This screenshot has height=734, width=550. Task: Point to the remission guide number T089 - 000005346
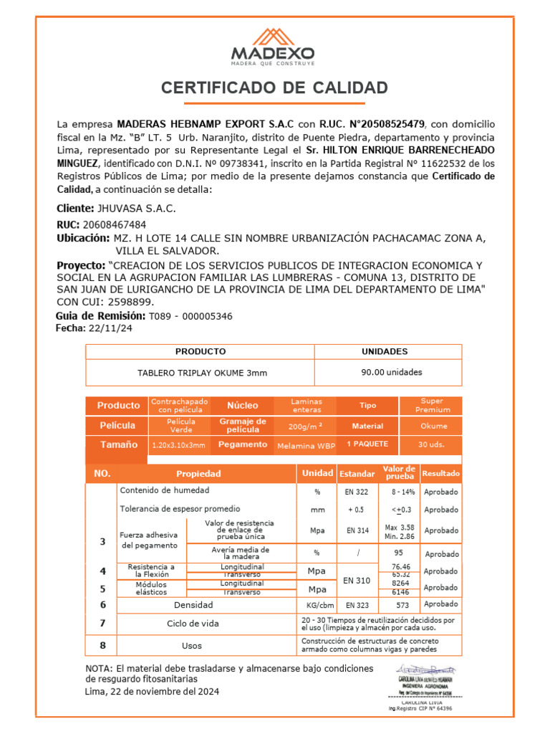[x=190, y=316]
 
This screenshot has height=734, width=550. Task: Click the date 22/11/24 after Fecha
[x=110, y=328]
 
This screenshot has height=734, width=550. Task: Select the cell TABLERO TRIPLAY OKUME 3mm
[x=202, y=373]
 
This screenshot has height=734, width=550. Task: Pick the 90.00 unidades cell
[x=391, y=372]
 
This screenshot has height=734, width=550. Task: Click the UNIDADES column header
[x=385, y=351]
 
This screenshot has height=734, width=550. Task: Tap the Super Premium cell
[x=433, y=406]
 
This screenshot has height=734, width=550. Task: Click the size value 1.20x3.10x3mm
[x=178, y=445]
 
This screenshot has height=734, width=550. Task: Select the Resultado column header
[x=441, y=474]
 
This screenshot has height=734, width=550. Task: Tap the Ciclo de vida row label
[x=193, y=624]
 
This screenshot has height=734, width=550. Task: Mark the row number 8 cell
[x=102, y=645]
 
